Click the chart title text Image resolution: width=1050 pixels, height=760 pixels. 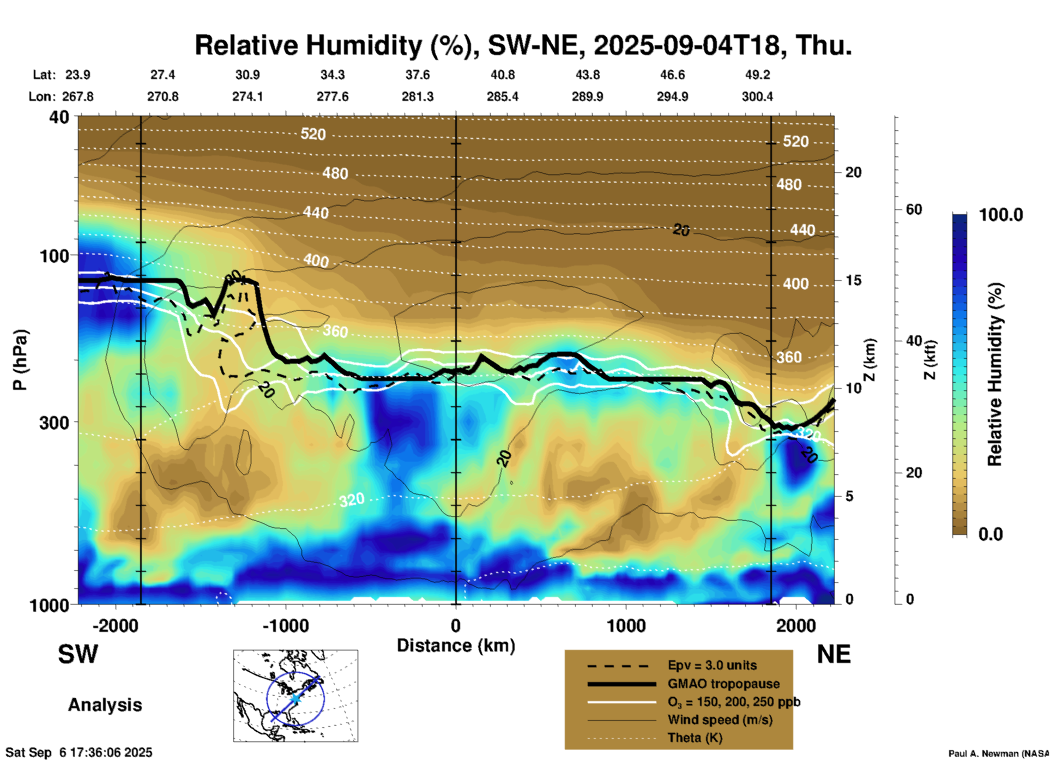point(523,45)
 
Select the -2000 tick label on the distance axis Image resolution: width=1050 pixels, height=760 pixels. point(115,626)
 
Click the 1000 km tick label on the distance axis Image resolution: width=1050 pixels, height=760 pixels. point(626,626)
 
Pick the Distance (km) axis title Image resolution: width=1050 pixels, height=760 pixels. point(456,646)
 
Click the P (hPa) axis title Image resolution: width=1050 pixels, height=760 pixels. point(20,360)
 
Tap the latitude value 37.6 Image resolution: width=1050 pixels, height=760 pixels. point(418,75)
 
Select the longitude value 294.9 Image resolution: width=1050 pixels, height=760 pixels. point(672,96)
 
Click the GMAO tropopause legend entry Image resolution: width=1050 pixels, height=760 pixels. point(723,684)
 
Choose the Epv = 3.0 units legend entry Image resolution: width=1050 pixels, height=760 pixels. point(712,666)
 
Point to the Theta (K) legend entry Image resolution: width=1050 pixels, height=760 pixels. point(695,738)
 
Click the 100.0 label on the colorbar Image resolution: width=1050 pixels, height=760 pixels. point(1001,215)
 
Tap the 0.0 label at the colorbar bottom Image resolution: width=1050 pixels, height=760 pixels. point(991,534)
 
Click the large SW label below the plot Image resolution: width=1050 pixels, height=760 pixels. point(78,654)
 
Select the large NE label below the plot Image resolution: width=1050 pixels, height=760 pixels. point(834,654)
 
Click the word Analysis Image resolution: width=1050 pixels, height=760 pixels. point(105,705)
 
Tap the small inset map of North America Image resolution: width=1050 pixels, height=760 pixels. point(295,696)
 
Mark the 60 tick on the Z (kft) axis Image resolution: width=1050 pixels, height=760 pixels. point(914,209)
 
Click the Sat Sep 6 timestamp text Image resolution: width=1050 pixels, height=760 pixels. point(79,752)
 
